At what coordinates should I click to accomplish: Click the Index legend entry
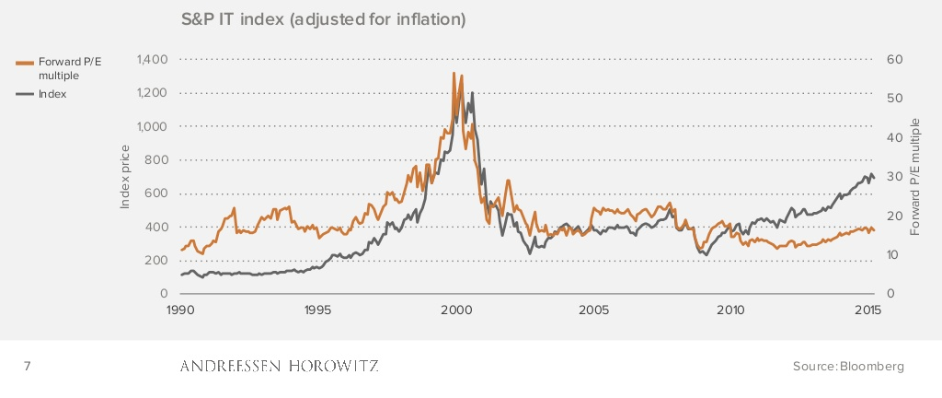(x=52, y=94)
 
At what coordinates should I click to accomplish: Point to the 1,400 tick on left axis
(x=150, y=60)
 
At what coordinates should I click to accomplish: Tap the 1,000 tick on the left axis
(x=150, y=126)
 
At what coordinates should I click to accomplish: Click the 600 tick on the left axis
(x=155, y=193)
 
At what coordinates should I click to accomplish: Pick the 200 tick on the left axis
(x=155, y=261)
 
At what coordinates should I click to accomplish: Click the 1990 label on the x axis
(x=180, y=310)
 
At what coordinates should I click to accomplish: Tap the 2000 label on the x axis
(x=455, y=310)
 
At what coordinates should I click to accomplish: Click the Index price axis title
(x=126, y=177)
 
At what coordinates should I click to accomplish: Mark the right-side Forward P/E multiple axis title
(x=915, y=177)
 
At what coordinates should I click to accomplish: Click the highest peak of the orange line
(x=454, y=73)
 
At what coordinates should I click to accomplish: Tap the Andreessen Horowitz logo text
(x=278, y=367)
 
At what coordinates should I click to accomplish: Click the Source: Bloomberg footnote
(x=848, y=367)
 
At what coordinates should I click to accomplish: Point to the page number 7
(x=27, y=367)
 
